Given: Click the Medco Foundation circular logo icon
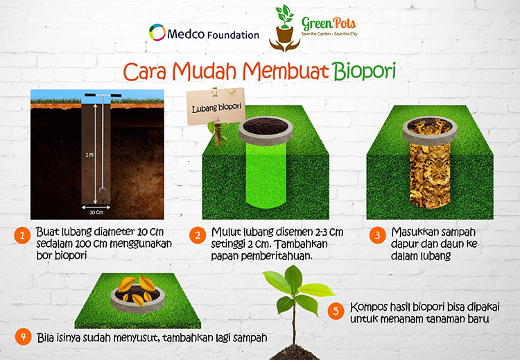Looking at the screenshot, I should pos(157,33).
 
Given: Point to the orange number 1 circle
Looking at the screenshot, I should pos(23,235).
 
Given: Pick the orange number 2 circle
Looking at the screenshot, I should pos(198,235).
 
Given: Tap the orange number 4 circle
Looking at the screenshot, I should pos(23,337).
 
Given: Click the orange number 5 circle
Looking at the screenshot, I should pos(336,311).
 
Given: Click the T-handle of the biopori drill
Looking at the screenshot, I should pos(101,95).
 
